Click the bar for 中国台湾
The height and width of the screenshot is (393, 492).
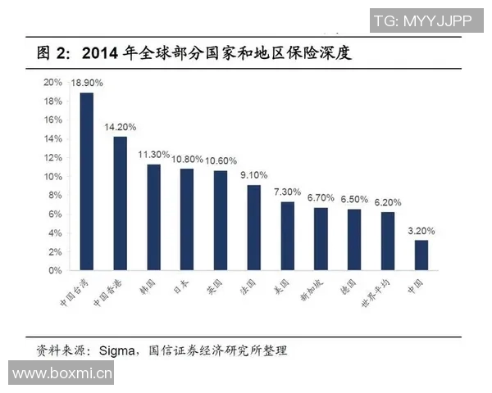tap(86, 181)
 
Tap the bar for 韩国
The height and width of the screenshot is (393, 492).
tap(153, 217)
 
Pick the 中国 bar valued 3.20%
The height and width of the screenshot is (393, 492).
tap(421, 255)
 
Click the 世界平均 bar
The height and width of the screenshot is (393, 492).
tap(387, 241)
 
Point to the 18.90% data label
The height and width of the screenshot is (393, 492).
tap(86, 84)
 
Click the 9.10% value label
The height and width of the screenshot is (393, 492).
tap(253, 175)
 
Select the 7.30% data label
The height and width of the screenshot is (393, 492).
tap(287, 192)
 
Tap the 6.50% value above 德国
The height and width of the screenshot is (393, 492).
tap(354, 199)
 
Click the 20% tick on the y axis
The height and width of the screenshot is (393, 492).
tap(52, 83)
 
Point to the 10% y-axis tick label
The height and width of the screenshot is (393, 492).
tap(52, 176)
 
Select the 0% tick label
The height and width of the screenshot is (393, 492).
tap(55, 270)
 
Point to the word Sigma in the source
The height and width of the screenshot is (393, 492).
tap(117, 350)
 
